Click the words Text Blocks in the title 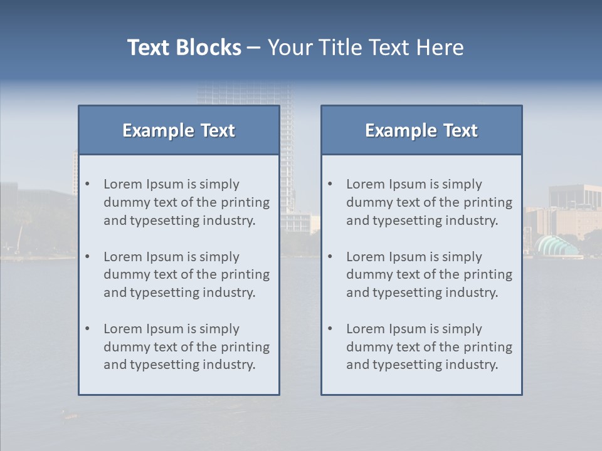point(184,48)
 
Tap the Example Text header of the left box point(179,130)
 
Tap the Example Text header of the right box point(421,130)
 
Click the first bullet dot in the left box point(87,184)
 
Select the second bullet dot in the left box point(87,257)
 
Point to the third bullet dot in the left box point(87,329)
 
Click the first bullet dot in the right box point(330,184)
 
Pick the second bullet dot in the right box point(330,257)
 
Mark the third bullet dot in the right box point(330,329)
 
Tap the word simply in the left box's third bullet point(219,329)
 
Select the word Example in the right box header point(393,130)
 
